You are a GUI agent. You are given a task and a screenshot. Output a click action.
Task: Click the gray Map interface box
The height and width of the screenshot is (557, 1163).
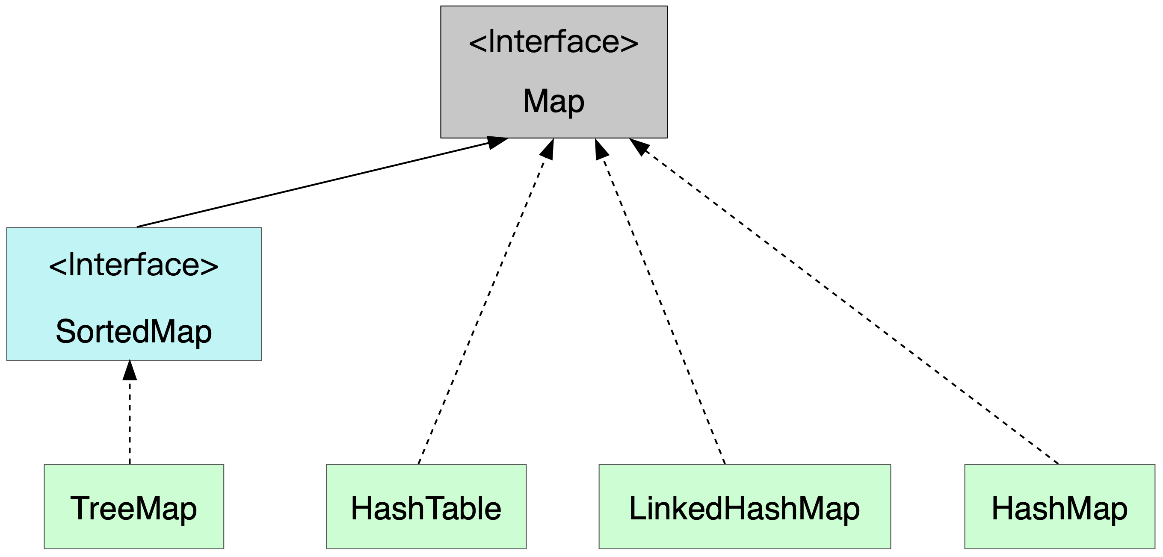coord(553,72)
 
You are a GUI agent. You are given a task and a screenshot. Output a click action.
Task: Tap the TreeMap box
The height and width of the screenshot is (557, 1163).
coord(133,506)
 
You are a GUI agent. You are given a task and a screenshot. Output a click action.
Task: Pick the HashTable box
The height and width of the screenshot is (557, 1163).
coord(426,506)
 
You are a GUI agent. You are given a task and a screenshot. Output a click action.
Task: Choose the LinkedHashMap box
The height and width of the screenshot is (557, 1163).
coord(745,506)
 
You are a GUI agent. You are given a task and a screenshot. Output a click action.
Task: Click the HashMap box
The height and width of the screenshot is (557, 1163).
coord(1059,506)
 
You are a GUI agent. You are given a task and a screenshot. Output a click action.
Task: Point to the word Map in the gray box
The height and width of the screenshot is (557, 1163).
coord(553,101)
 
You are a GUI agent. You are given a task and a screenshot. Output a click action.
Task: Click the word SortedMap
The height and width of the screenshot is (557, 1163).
coord(133,332)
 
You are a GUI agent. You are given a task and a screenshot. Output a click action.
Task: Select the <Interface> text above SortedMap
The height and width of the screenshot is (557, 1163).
coord(133,265)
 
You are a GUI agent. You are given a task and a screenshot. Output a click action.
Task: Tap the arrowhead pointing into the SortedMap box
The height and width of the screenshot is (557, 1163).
coord(130,371)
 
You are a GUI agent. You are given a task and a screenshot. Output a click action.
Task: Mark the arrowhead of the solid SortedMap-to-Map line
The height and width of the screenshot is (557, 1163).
coord(497,143)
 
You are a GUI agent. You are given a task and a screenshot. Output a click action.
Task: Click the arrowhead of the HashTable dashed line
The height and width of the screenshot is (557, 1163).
coord(547,150)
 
